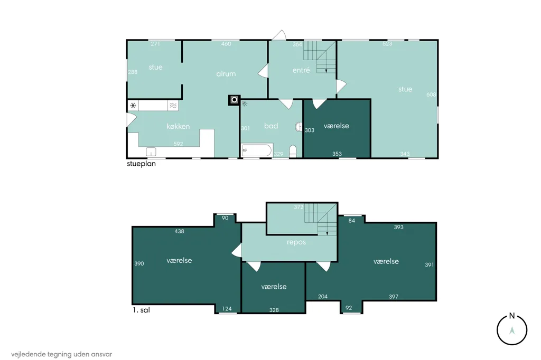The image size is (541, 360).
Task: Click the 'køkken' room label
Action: [178, 127]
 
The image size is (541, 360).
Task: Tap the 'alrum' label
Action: [226, 74]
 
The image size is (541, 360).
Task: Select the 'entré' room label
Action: [301, 70]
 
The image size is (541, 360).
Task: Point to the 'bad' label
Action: [271, 126]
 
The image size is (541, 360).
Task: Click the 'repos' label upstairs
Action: [296, 242]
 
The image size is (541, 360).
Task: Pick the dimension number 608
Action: [431, 94]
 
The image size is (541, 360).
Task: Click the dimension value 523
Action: [387, 44]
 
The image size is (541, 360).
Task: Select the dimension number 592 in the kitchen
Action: [179, 144]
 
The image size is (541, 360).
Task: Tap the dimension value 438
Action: [180, 231]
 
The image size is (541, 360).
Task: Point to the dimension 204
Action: [323, 297]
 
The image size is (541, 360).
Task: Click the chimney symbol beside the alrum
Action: [234, 100]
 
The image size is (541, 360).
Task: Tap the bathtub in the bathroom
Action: [257, 150]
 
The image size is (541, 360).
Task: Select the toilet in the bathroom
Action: [293, 151]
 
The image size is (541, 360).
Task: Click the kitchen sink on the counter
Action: [151, 151]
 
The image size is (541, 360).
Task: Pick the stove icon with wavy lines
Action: [173, 106]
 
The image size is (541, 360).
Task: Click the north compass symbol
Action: [512, 329]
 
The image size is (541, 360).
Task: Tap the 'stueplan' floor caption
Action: [142, 164]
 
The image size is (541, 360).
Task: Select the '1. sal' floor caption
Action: [142, 310]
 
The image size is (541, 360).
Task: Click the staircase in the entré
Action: [320, 57]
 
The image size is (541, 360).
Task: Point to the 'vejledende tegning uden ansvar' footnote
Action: [62, 354]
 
